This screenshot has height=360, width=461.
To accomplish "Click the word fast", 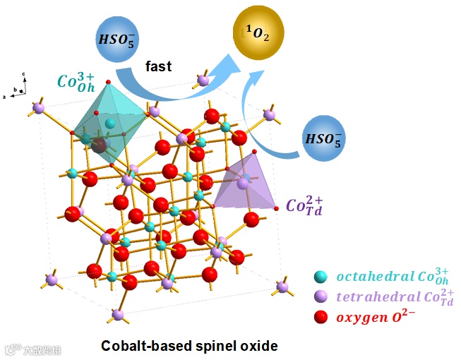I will point(159,66).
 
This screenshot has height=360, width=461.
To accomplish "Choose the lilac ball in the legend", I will point(321,297).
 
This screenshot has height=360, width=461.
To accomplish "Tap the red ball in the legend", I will point(321,317).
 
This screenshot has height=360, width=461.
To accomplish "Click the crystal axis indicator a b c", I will point(19,85).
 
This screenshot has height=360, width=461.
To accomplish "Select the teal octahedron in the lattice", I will point(109,124).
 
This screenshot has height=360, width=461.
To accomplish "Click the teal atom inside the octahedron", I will point(110,124).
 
